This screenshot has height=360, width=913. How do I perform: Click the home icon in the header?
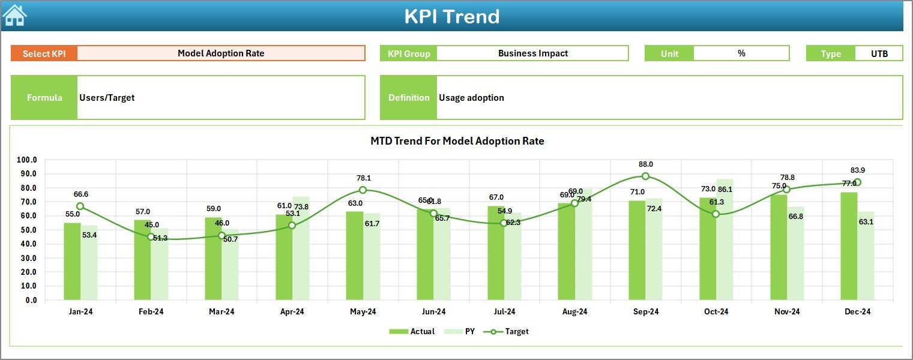[x=15, y=16]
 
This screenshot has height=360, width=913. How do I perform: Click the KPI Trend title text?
[x=451, y=16]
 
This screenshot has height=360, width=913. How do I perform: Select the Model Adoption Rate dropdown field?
[x=221, y=53]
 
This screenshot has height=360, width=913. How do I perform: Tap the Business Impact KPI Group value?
[x=532, y=53]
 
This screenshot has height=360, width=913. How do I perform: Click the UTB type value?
[x=879, y=53]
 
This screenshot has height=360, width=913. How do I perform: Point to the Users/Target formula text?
[x=107, y=97]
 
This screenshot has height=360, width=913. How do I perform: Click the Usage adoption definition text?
[x=471, y=97]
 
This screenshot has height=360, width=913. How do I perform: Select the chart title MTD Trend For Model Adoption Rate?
[x=457, y=141]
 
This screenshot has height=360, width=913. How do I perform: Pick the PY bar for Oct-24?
[x=725, y=240]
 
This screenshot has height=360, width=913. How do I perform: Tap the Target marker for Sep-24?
[x=645, y=176]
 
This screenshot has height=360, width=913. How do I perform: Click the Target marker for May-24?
[x=363, y=190]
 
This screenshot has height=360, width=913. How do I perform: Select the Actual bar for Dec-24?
[x=849, y=246]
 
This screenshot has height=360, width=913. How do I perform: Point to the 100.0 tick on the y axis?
[x=27, y=160]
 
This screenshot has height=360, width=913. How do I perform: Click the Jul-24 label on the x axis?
[x=504, y=311]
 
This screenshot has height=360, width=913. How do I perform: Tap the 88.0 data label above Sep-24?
[x=646, y=164]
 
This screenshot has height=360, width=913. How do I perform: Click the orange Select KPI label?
[x=44, y=53]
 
